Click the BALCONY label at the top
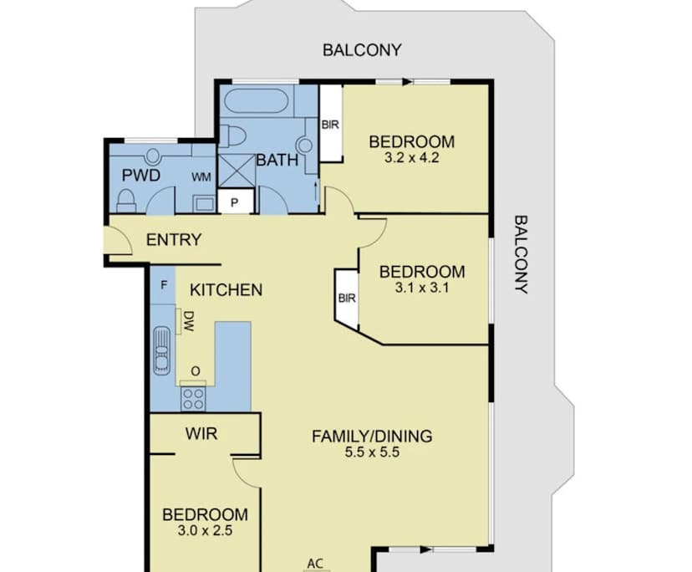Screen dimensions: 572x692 tap(362, 50)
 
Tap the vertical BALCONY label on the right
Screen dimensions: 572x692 tap(521, 255)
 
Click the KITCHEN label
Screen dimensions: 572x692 tap(226, 290)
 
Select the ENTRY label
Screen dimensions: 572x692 tap(174, 240)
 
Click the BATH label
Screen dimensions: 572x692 tap(277, 160)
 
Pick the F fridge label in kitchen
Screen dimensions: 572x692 tap(164, 284)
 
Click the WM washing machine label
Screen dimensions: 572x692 tap(201, 177)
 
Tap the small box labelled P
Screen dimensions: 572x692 tap(235, 202)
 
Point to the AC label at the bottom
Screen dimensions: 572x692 tap(315, 563)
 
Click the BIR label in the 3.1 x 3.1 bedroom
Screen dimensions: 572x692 tap(346, 298)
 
